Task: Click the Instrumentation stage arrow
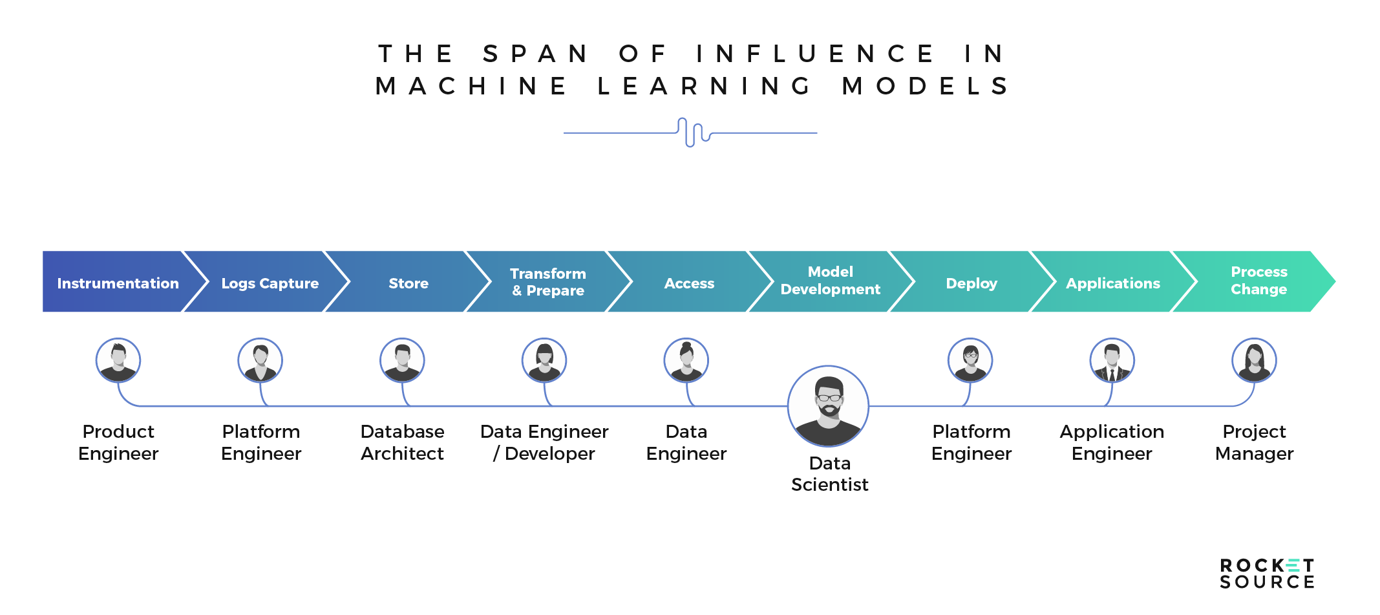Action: (x=118, y=282)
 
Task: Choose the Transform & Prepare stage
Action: (x=548, y=282)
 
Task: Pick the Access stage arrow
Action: (x=690, y=282)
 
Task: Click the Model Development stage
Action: (x=831, y=282)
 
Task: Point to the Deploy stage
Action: (x=971, y=282)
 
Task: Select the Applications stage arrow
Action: (x=1113, y=282)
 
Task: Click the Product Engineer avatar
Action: (x=118, y=360)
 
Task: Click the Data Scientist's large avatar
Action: (x=828, y=406)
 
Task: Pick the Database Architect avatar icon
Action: (x=402, y=360)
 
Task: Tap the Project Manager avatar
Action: (x=1254, y=360)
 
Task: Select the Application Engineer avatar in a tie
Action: (x=1112, y=360)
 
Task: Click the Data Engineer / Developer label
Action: (x=544, y=442)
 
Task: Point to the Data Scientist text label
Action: (x=830, y=474)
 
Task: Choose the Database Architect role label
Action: (x=402, y=442)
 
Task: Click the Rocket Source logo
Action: (x=1267, y=574)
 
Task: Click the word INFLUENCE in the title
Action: (x=816, y=54)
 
